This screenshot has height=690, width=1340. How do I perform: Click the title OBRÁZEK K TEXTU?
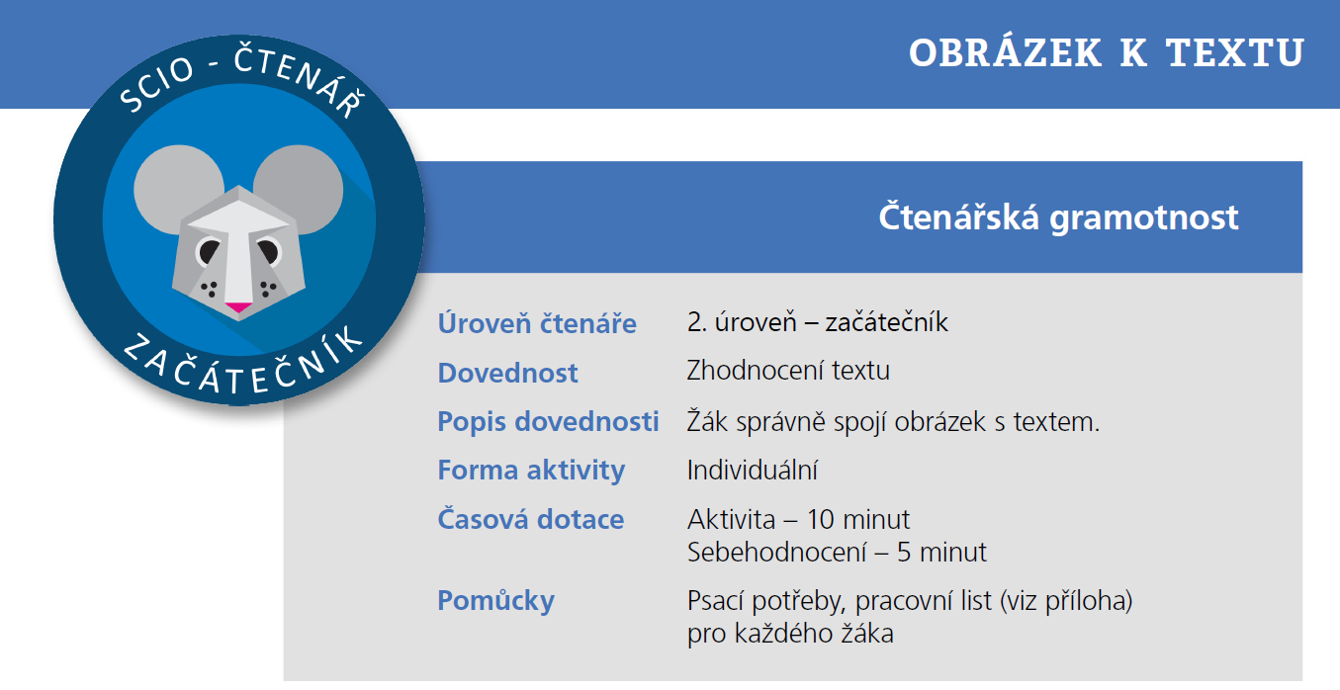coord(1107,53)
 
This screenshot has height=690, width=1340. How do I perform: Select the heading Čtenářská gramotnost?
coord(1058,216)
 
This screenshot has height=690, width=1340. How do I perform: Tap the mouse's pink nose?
coord(237,306)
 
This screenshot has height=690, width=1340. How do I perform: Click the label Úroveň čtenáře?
coord(537,323)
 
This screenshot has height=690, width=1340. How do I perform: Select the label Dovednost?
coord(508,373)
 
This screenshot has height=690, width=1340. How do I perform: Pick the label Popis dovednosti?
coord(548,421)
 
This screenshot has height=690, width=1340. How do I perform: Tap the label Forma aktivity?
coord(531,470)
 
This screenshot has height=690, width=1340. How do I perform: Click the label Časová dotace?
coord(531,519)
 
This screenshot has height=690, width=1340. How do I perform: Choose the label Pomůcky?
coord(495,600)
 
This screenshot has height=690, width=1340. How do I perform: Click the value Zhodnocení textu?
coord(788,371)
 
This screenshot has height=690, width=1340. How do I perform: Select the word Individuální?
coord(753,470)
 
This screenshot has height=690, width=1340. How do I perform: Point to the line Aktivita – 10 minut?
coord(798,519)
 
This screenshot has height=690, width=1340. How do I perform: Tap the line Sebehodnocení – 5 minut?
coord(837,552)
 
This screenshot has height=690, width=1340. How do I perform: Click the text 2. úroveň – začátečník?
coord(817,322)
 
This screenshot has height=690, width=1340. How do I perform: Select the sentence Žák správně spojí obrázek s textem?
coord(893,421)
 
